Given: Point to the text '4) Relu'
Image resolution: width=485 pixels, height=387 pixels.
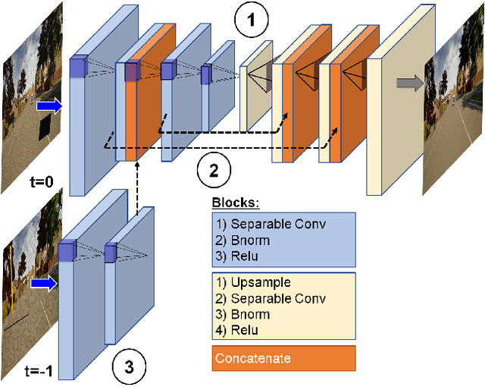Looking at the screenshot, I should [x=237, y=330].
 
